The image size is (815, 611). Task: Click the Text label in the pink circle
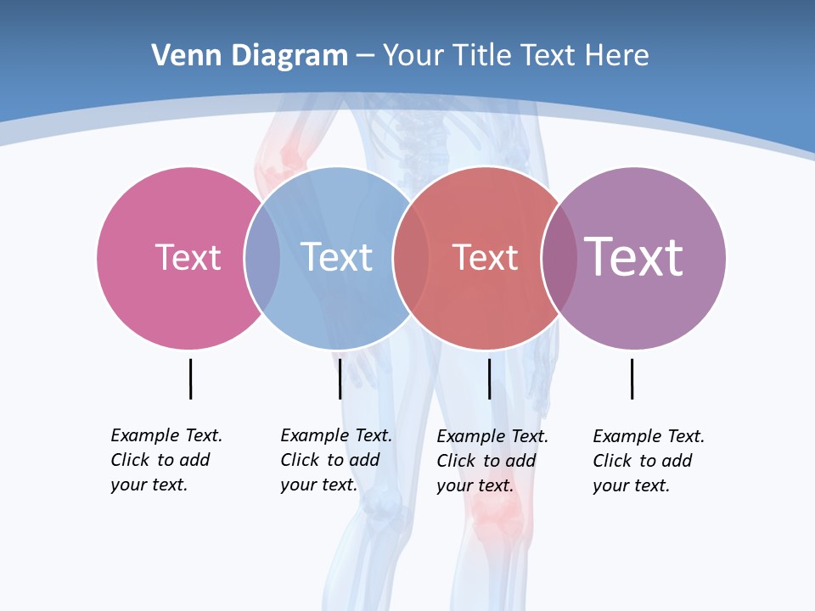point(188,257)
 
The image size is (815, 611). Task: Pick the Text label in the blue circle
point(337,257)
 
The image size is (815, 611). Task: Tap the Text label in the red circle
point(485,257)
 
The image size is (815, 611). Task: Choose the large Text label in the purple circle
point(634,257)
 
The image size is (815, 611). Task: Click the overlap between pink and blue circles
point(262,258)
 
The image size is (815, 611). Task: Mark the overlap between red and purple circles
point(559,258)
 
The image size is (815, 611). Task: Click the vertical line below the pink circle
point(190,378)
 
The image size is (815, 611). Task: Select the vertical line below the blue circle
point(340,378)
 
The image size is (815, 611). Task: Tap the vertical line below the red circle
point(489,378)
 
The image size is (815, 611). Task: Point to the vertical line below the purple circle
point(632,378)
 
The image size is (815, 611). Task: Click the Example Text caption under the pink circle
point(166,460)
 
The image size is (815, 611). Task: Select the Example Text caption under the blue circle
point(336,460)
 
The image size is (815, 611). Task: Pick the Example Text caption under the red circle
point(492,461)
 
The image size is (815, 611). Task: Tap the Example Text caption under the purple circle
point(649,461)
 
